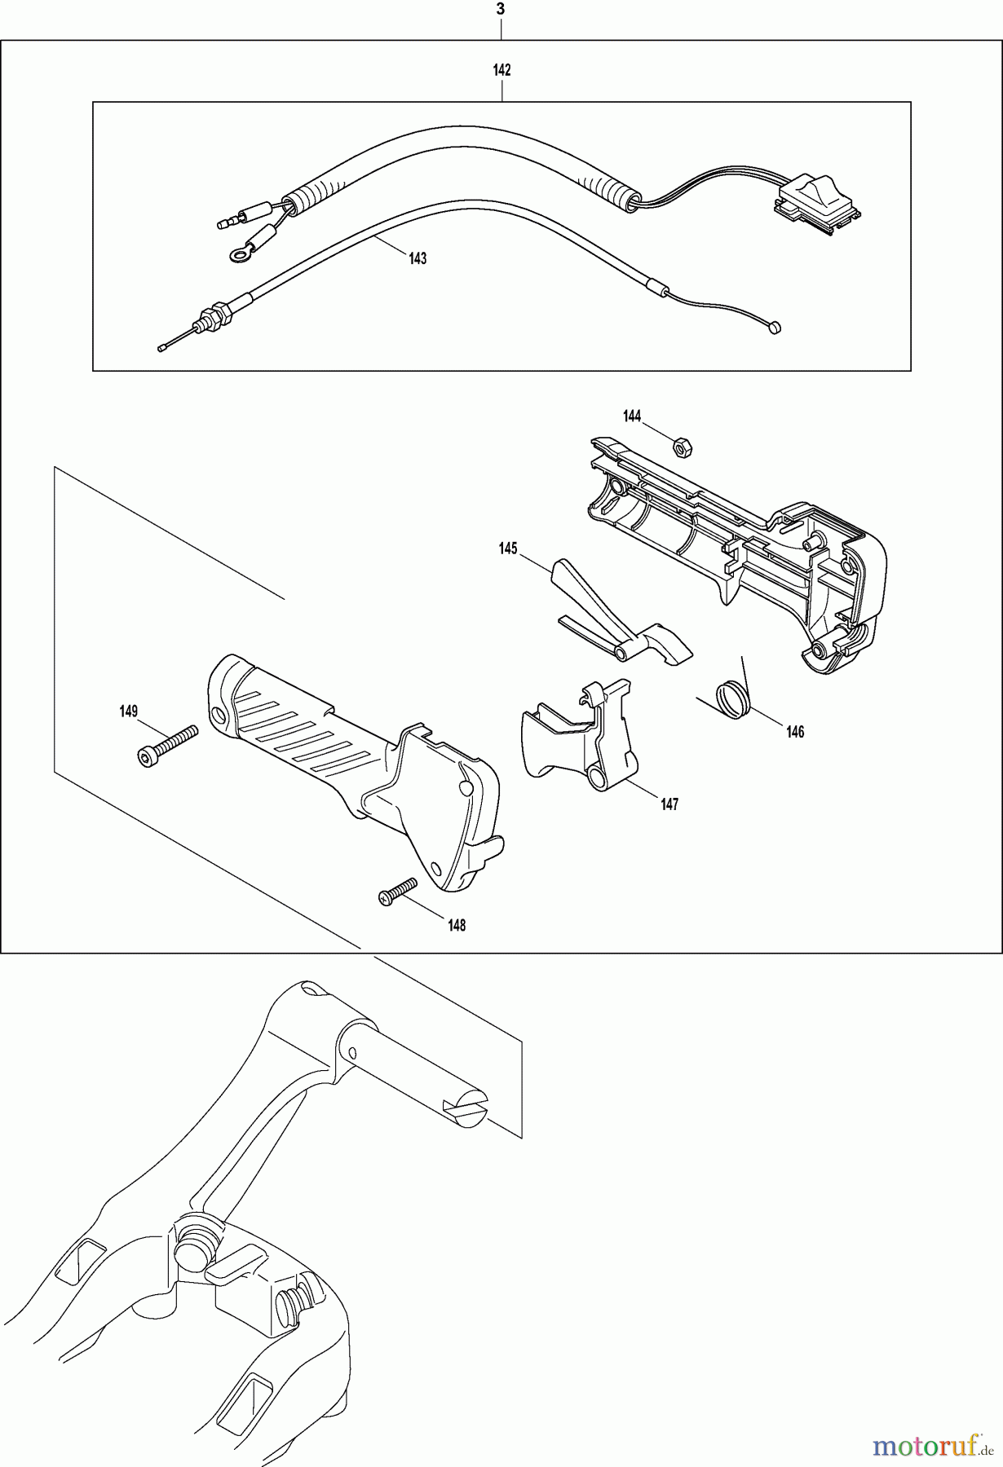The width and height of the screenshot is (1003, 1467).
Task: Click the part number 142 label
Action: pos(501,70)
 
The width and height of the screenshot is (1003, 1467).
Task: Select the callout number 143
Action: pos(418,258)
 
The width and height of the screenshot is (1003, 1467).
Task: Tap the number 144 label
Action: pos(632,416)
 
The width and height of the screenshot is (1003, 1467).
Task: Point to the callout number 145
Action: pos(508,549)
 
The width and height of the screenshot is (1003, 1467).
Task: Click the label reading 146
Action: pos(795,732)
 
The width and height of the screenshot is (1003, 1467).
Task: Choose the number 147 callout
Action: pos(669,804)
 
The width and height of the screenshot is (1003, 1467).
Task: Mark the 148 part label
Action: pos(457,925)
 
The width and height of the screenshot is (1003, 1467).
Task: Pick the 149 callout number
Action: pos(128,711)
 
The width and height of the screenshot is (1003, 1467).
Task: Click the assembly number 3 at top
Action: pos(501,10)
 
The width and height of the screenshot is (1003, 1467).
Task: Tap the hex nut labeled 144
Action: pos(682,446)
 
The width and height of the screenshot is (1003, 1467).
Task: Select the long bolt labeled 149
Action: pos(169,744)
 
